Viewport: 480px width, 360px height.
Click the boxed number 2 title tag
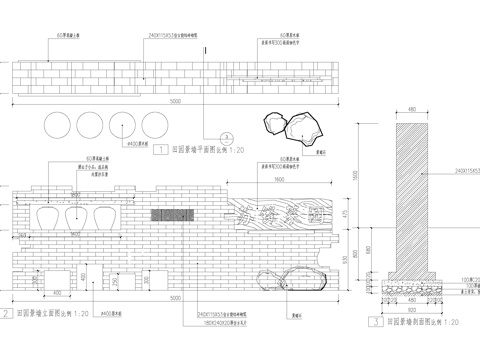7,313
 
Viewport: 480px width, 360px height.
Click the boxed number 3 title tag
372,322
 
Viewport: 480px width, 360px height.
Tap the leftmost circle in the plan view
58,126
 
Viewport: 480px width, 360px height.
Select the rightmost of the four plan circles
155,126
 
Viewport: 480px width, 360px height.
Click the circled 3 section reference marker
227,134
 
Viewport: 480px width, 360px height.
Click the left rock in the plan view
273,125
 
